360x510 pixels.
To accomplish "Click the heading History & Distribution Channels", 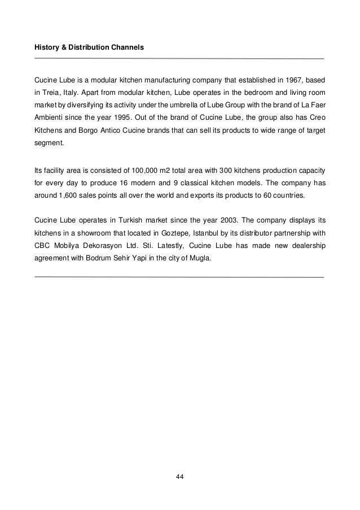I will tap(89, 49).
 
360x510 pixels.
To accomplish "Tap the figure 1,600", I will tap(69, 195).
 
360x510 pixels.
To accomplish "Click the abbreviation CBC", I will tap(43, 244).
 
